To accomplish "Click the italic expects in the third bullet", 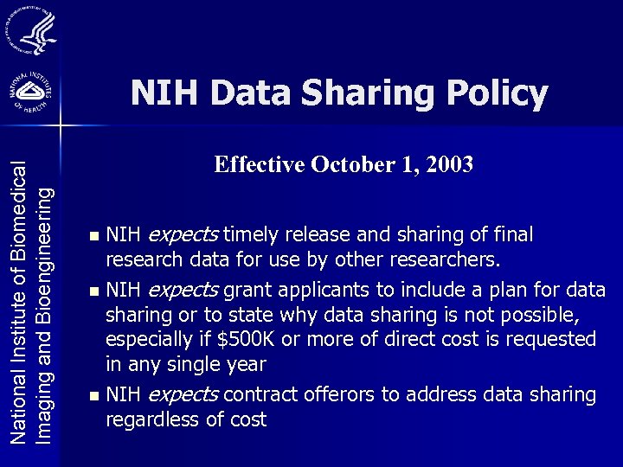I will click(x=183, y=395).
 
